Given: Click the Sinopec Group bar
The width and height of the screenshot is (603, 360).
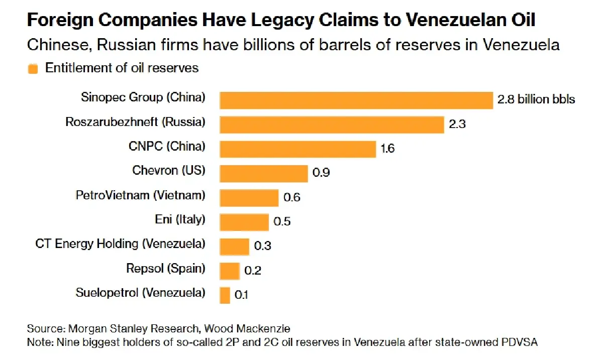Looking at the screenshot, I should (x=356, y=100).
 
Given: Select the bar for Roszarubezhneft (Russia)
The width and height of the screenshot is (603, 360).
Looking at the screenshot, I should (x=332, y=124).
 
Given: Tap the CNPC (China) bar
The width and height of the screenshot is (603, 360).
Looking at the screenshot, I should (x=297, y=149).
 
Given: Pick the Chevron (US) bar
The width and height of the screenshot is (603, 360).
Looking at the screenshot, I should (x=263, y=173).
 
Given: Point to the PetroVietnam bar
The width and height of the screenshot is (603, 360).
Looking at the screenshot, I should (x=249, y=197).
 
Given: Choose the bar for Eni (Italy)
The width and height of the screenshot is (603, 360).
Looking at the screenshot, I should (x=244, y=221).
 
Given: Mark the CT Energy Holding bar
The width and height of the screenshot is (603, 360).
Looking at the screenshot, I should (x=234, y=246).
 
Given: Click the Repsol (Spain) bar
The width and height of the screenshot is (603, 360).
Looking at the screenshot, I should (x=230, y=270).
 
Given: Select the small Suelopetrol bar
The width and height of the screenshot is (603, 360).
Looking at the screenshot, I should (x=225, y=295).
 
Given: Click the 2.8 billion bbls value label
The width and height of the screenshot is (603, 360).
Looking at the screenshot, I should (x=536, y=99).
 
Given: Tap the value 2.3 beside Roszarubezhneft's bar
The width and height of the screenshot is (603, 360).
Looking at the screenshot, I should (x=457, y=124).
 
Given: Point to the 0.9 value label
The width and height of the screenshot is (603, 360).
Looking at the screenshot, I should (x=321, y=173).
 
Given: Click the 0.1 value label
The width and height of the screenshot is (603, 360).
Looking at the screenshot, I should (x=242, y=295).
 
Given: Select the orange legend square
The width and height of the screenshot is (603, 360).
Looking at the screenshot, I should (x=33, y=69).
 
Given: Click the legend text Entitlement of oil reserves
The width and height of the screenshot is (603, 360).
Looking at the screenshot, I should (x=122, y=68).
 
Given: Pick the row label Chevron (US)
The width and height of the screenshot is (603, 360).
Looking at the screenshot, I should (x=169, y=171).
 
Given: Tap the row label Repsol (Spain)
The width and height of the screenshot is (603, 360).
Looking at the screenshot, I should (x=165, y=269).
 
